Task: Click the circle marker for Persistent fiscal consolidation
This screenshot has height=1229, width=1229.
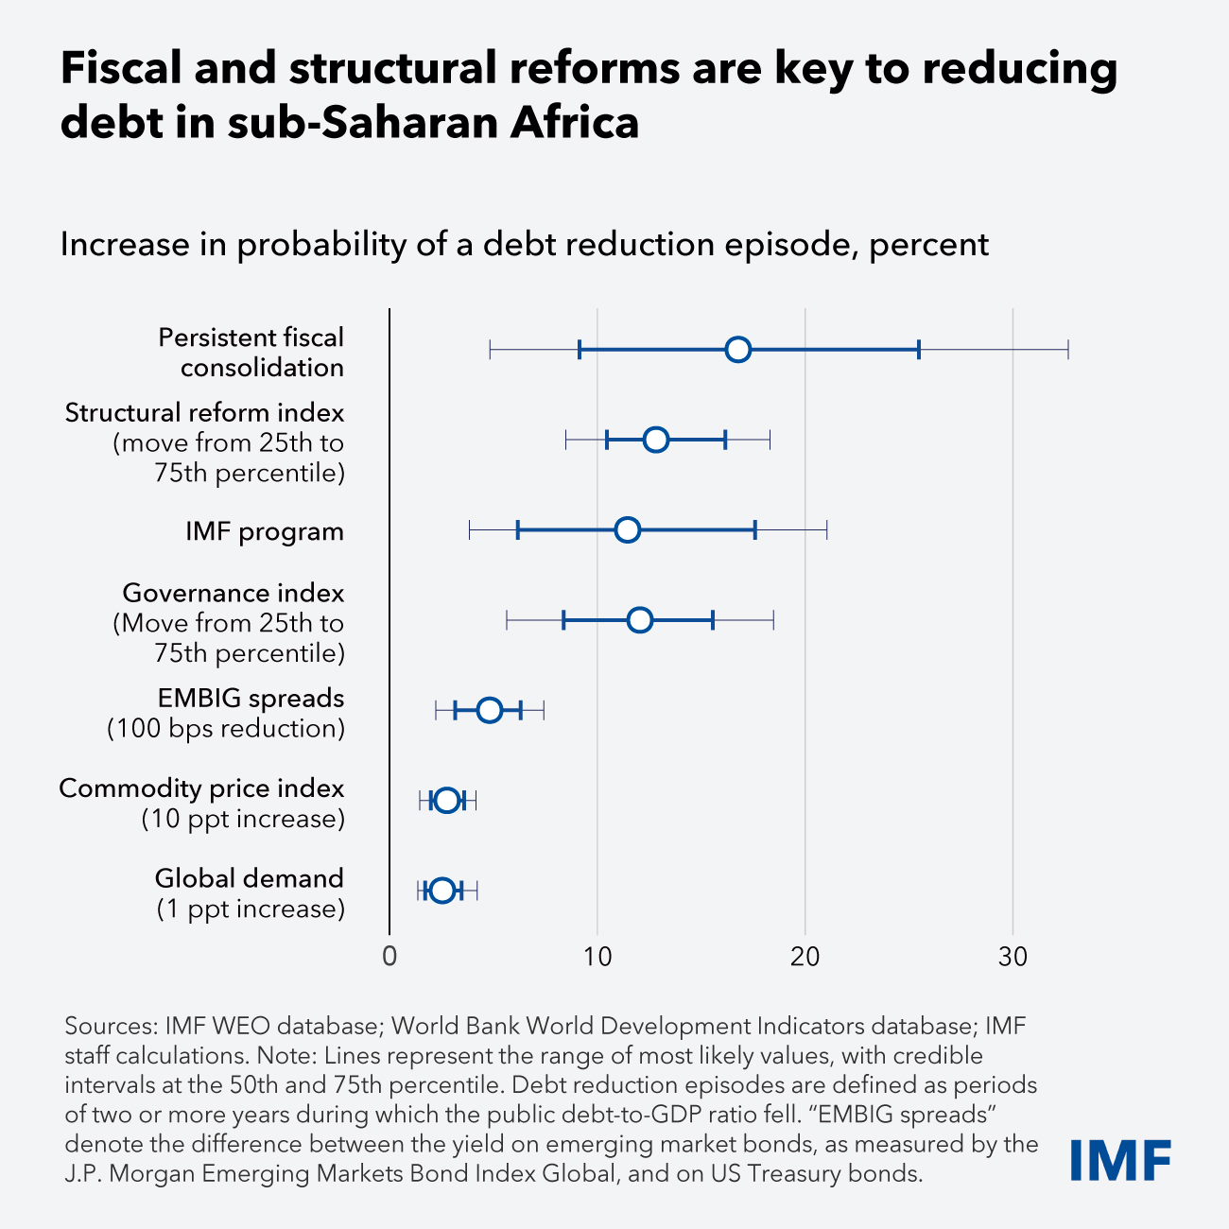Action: (x=738, y=349)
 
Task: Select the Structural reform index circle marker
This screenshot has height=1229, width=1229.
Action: (x=655, y=440)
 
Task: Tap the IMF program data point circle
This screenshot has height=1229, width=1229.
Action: (x=627, y=530)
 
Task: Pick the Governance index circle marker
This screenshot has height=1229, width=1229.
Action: (x=640, y=620)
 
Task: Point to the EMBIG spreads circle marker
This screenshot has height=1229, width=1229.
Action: (x=489, y=710)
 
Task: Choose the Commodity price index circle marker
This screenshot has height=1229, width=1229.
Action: (x=447, y=801)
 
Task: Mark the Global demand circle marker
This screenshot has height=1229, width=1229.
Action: (x=441, y=891)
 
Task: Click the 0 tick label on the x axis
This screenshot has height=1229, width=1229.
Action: (x=389, y=958)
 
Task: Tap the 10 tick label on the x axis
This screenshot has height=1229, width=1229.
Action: (x=597, y=958)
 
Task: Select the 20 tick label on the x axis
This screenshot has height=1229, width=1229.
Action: (x=805, y=958)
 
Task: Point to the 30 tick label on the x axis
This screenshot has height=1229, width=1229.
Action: (x=1013, y=958)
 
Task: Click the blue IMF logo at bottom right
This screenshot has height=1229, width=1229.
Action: (x=1121, y=1160)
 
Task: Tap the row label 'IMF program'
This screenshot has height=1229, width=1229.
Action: (x=265, y=531)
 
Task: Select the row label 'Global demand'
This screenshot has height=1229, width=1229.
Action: (x=250, y=878)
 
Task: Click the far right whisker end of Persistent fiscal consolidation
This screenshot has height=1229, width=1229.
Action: (x=1068, y=349)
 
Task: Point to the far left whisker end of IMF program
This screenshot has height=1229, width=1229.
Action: (x=469, y=530)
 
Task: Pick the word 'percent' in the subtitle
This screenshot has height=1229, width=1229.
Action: (x=929, y=245)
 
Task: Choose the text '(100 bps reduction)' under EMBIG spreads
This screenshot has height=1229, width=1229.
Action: (x=226, y=729)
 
